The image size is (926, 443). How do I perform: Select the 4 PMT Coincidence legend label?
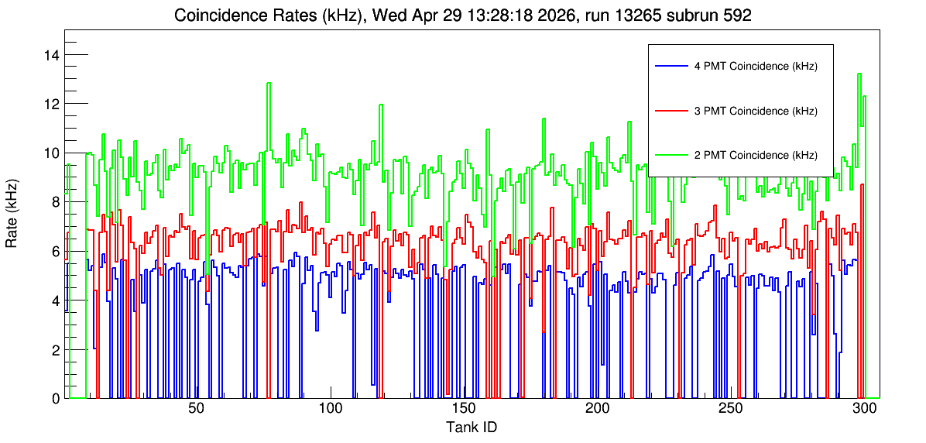756,66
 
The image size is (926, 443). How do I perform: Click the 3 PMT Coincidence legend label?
756,111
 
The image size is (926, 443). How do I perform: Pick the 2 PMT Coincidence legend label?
756,156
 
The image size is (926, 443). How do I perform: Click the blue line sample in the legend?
670,66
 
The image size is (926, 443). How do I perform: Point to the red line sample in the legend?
670,111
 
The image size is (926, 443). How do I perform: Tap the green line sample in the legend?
670,156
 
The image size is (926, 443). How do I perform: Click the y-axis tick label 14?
51,55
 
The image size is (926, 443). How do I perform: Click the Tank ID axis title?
472,427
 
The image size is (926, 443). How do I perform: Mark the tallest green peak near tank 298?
859,74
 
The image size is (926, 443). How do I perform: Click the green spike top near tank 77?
269,83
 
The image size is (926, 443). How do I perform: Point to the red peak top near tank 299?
863,184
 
